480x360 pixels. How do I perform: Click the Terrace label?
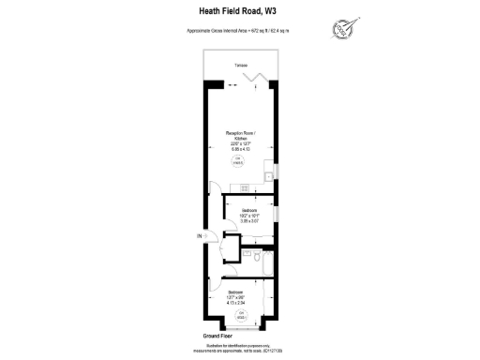coord(241,66)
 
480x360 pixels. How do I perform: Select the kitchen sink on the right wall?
coord(268,174)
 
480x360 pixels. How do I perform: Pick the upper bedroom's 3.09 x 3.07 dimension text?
coord(248,220)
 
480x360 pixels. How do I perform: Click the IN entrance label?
coord(198,236)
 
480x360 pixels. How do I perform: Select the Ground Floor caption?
coord(218,335)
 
